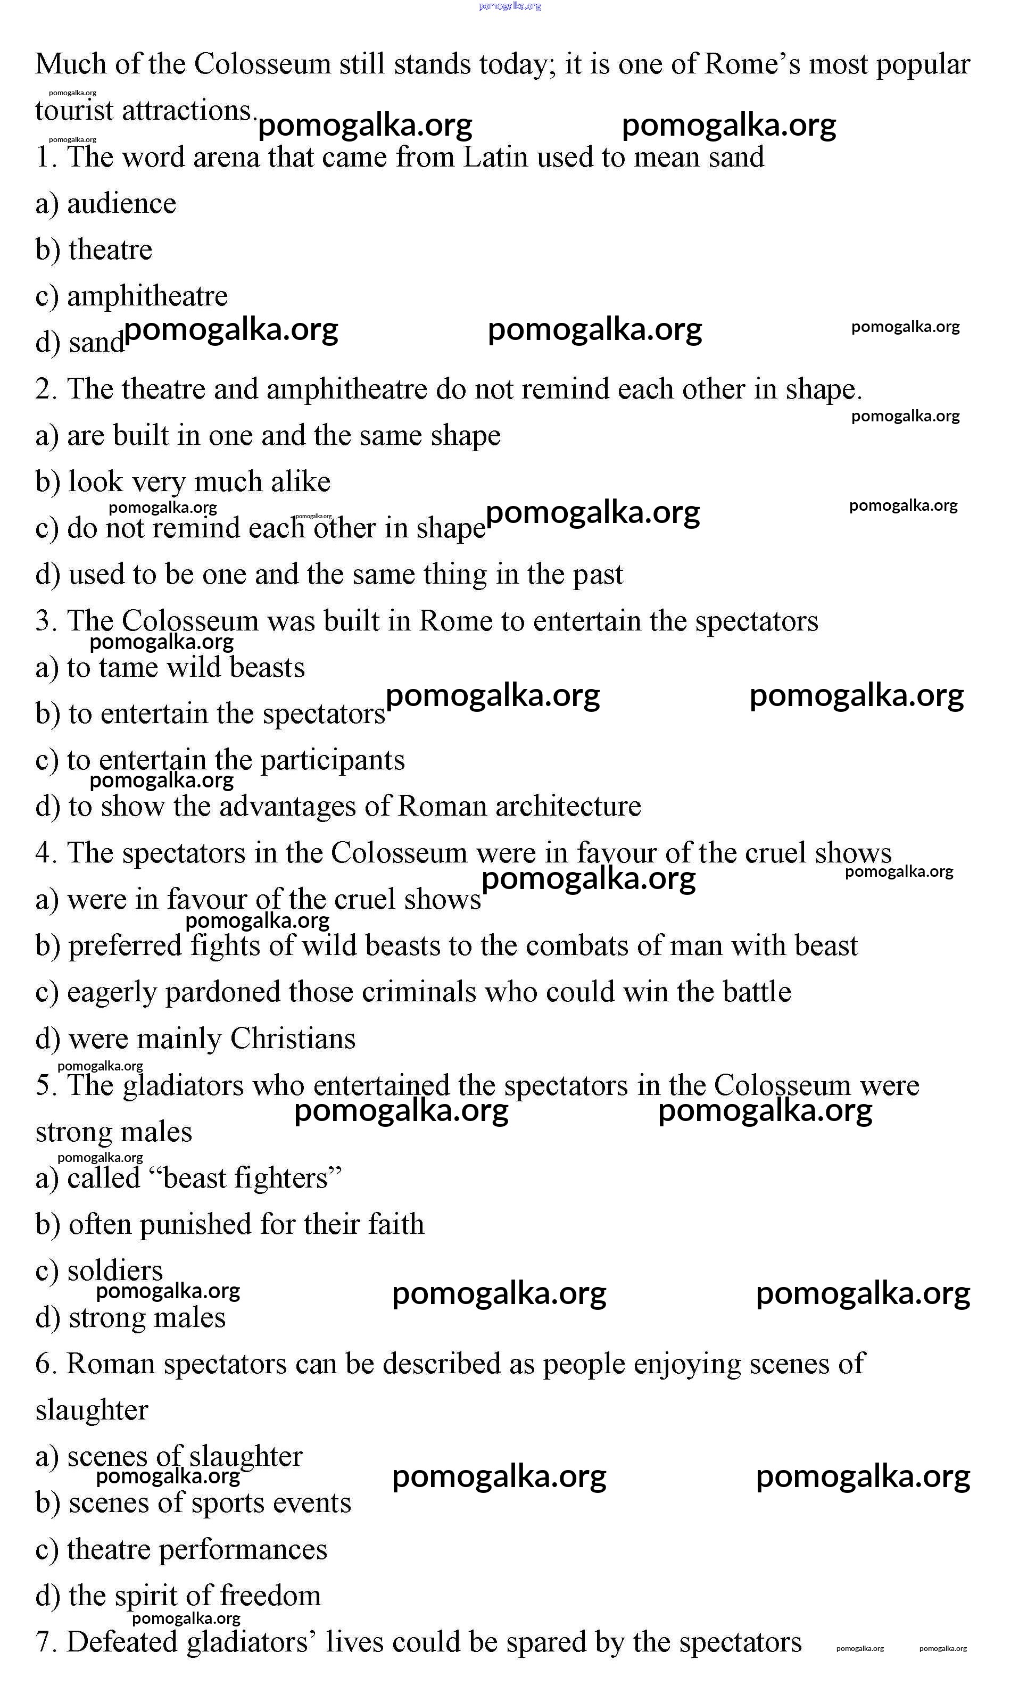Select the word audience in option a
(x=121, y=204)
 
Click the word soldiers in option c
(x=115, y=1272)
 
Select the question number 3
(x=45, y=621)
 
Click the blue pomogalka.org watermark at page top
(x=510, y=6)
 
